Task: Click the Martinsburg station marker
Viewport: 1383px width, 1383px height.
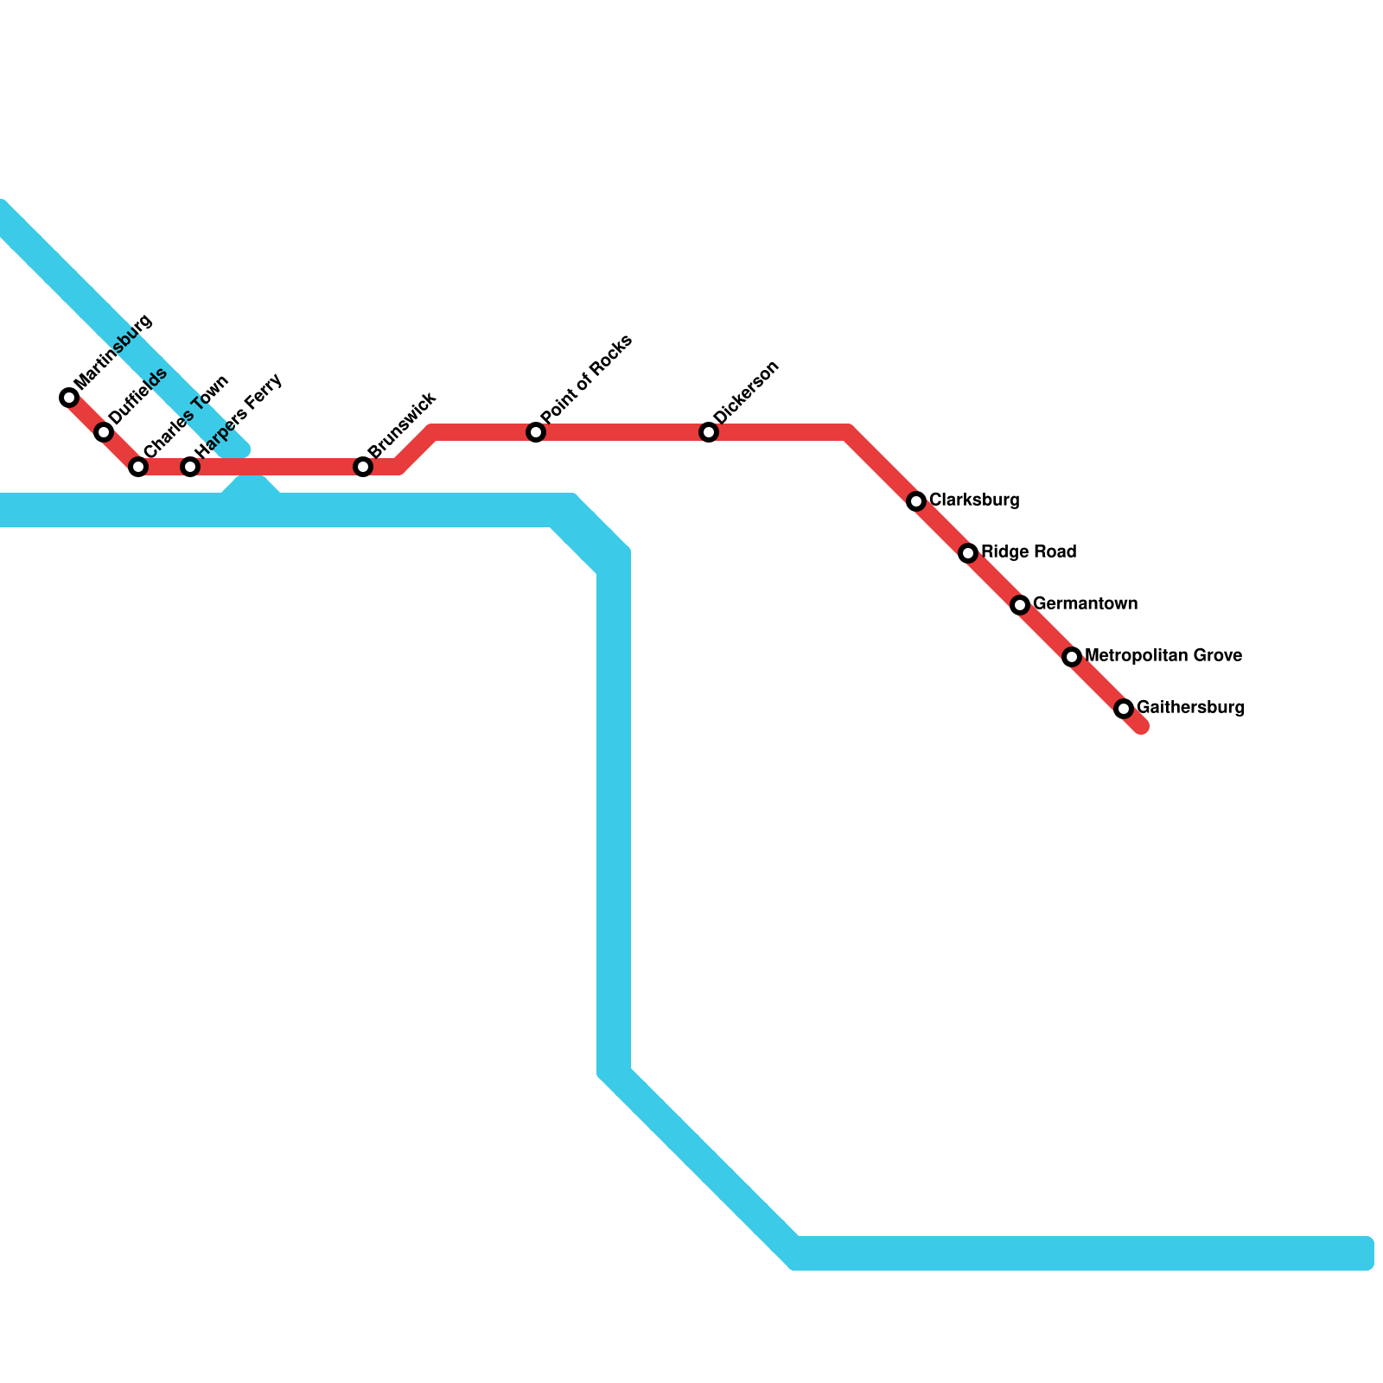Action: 69,398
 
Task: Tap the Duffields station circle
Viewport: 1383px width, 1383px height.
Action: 104,432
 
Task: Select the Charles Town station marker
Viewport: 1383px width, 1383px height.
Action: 138,467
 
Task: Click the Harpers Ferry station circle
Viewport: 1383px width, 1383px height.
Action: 190,467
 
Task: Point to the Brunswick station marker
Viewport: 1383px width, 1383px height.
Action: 363,467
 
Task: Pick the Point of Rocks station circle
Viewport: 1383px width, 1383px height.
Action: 536,432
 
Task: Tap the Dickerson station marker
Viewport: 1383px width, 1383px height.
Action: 709,432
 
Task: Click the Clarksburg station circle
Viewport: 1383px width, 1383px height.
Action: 916,501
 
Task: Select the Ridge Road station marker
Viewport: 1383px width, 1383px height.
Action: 968,553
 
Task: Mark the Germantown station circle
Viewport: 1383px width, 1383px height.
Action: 1020,605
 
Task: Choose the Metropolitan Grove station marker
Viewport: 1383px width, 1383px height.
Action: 1072,657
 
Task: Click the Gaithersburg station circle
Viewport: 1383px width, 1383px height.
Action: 1124,709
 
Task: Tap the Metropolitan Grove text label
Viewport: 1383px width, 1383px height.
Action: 1163,656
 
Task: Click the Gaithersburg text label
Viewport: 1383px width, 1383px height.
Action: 1190,708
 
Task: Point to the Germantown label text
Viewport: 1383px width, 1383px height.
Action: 1085,604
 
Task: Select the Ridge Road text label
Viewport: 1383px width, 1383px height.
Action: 1029,552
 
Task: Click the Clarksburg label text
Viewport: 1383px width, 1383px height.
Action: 974,500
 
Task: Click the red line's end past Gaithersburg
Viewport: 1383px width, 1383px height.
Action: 1141,726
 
